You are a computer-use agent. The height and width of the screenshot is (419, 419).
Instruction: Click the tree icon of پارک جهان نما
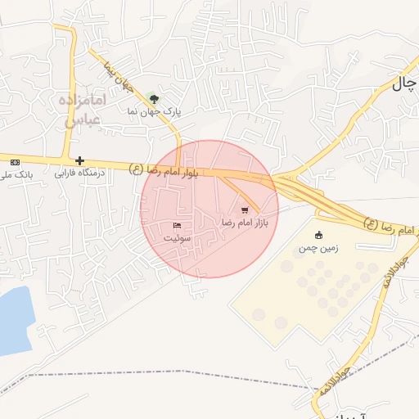(156, 97)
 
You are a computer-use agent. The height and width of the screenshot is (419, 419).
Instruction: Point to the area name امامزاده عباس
(83, 109)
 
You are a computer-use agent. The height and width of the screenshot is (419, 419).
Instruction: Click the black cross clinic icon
(79, 160)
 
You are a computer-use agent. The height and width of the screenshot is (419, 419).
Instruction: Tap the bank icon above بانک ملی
(13, 161)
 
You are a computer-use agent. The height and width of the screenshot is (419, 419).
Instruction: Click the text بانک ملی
(15, 173)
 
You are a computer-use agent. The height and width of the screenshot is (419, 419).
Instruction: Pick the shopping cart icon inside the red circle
(244, 209)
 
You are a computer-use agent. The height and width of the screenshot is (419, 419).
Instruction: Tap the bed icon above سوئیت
(177, 225)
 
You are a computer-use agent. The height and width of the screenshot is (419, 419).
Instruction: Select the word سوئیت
(177, 237)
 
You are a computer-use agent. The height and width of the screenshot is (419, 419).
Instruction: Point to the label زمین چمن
(318, 246)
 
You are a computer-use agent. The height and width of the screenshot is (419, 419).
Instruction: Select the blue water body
(14, 319)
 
